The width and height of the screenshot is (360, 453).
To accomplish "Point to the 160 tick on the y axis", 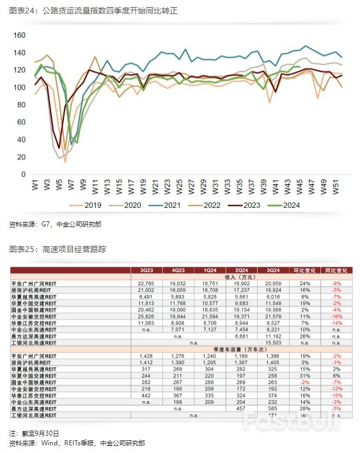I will pyautogui.click(x=20, y=35).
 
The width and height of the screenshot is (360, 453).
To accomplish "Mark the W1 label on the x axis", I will pyautogui.click(x=36, y=186).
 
